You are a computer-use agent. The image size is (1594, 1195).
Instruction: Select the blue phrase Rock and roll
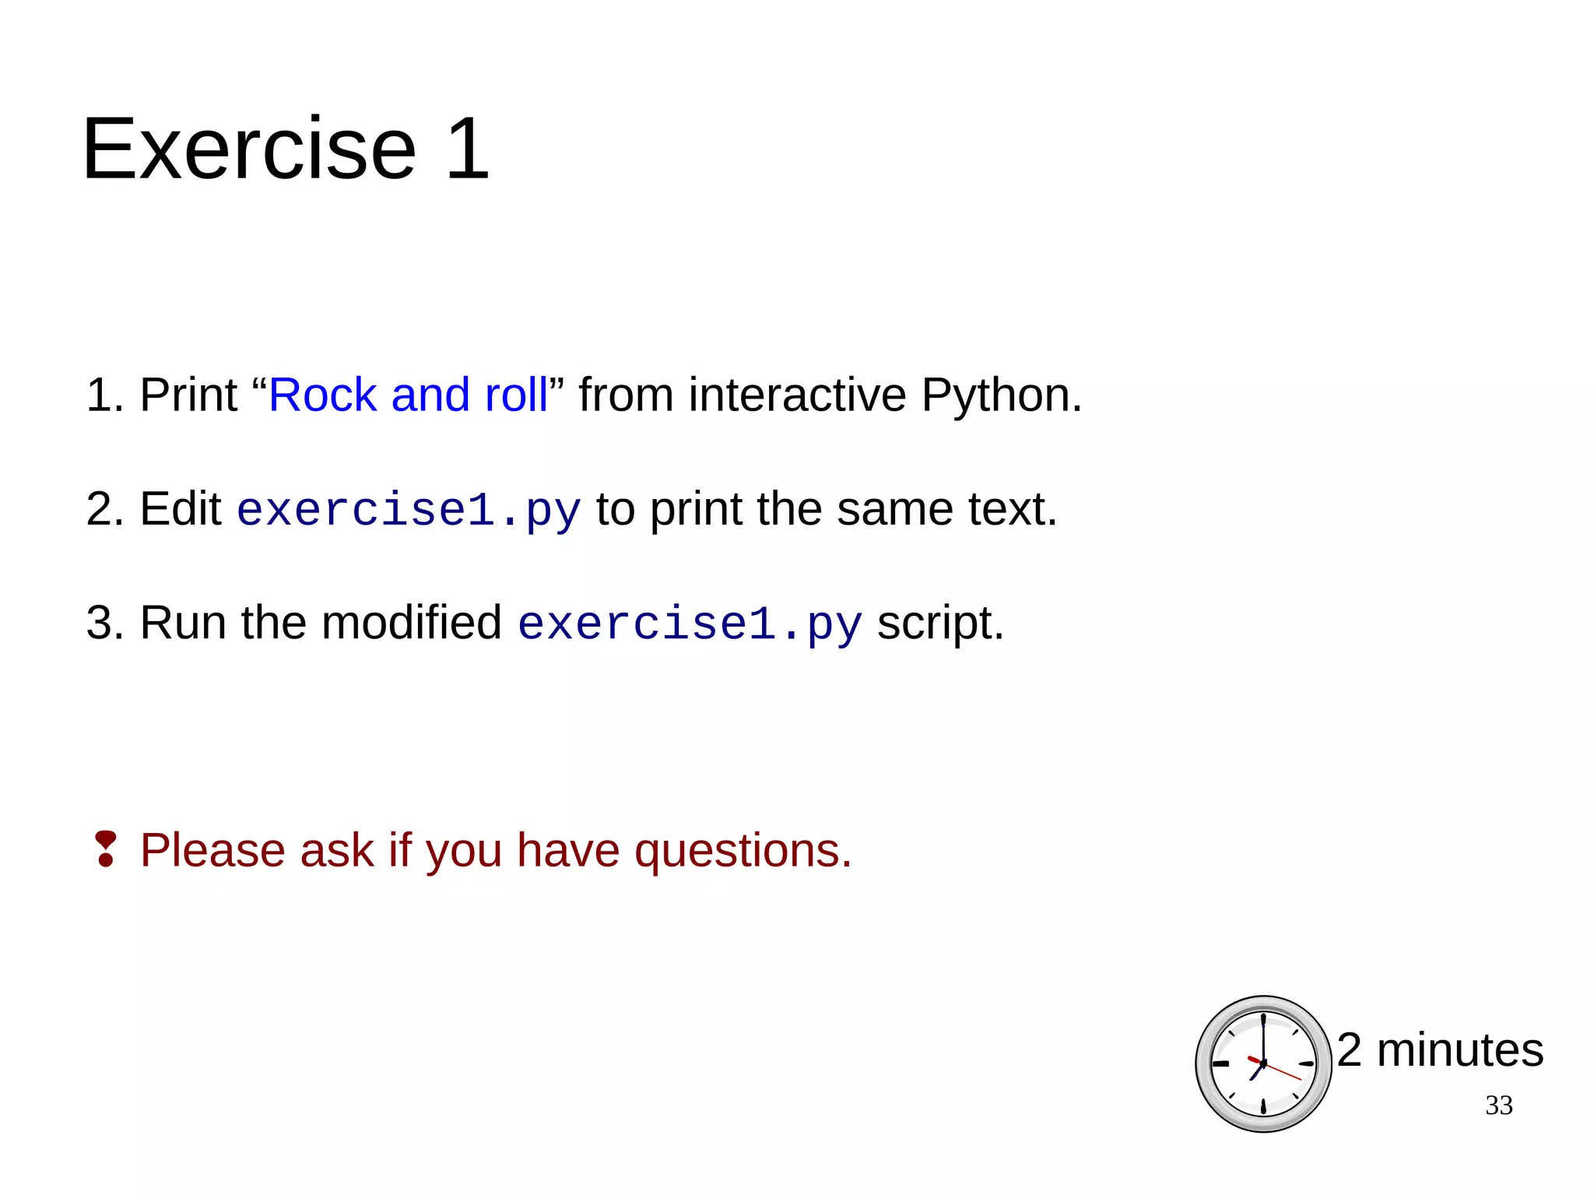[x=408, y=395]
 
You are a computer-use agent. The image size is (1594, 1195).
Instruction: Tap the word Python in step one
[x=1001, y=396]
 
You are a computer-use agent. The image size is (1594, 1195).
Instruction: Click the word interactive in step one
[x=797, y=395]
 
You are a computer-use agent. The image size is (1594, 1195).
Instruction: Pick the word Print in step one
[x=188, y=395]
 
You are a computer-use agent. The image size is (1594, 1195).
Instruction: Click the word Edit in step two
[x=181, y=509]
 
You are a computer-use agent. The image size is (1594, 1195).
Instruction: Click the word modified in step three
[x=411, y=623]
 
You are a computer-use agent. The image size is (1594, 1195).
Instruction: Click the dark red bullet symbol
[x=105, y=849]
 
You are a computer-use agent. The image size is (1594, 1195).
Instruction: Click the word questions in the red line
[x=743, y=850]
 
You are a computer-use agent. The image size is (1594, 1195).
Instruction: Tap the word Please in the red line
[x=212, y=850]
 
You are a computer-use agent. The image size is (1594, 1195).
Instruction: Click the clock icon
[x=1263, y=1063]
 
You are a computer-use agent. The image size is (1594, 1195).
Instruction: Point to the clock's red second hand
[x=1283, y=1072]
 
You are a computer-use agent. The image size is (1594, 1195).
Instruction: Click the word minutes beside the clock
[x=1459, y=1049]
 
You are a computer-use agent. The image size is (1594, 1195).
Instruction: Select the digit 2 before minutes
[x=1350, y=1049]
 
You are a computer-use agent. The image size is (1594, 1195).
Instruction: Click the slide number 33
[x=1498, y=1105]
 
